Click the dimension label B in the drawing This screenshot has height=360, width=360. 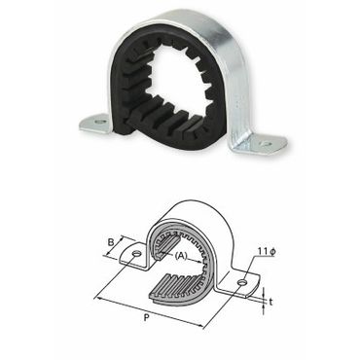coord(111,242)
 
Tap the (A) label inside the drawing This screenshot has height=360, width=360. coord(181,256)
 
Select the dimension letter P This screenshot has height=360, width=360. coord(146,318)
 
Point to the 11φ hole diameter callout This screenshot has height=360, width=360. coord(267,251)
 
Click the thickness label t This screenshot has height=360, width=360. coord(270,302)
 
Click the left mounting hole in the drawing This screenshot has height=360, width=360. coord(136,253)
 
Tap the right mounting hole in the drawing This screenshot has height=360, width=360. coord(242,283)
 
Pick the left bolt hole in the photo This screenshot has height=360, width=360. coord(101,122)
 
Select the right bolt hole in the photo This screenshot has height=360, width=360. coord(267,143)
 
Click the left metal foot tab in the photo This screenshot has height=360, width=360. coord(95,125)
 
